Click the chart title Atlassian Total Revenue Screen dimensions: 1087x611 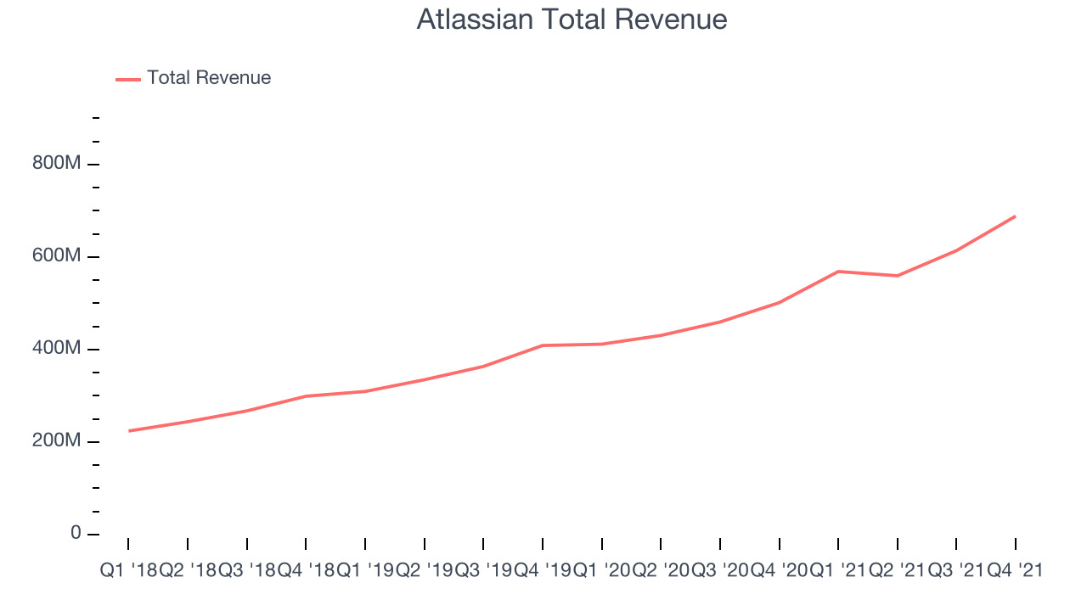pos(572,20)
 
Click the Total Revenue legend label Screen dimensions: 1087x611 pos(209,77)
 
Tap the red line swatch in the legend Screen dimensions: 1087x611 pos(128,80)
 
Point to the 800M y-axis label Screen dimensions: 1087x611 pos(56,162)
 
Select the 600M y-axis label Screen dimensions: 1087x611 pos(56,255)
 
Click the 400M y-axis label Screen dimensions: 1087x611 pos(56,348)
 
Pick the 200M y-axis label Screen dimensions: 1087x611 pos(56,440)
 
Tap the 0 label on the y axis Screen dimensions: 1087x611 pos(76,532)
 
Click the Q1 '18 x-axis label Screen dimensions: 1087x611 pos(128,571)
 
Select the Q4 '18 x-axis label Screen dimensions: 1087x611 pos(307,571)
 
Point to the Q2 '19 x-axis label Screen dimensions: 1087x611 pos(425,571)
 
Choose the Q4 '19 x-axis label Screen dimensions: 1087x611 pos(543,571)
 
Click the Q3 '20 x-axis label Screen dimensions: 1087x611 pos(720,571)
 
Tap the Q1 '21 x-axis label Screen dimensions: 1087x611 pos(838,571)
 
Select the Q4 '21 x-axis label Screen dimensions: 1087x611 pos(1016,571)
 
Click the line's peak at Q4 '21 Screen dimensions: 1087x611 pos(1015,216)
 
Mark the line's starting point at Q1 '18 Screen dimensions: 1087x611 pos(128,430)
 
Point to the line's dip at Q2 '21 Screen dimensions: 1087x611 pos(898,276)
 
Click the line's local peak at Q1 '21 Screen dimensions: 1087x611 pos(838,272)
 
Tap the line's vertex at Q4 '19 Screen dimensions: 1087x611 pos(543,345)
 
